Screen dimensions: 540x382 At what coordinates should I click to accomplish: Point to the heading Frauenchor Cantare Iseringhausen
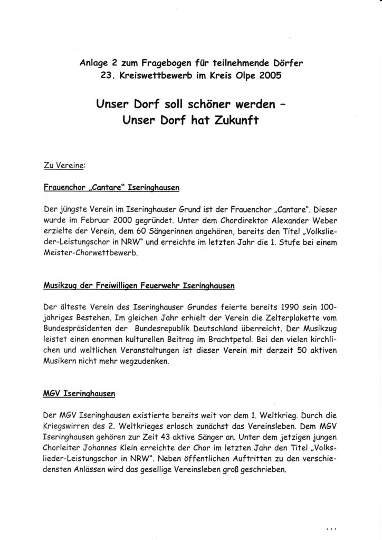click(x=112, y=187)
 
